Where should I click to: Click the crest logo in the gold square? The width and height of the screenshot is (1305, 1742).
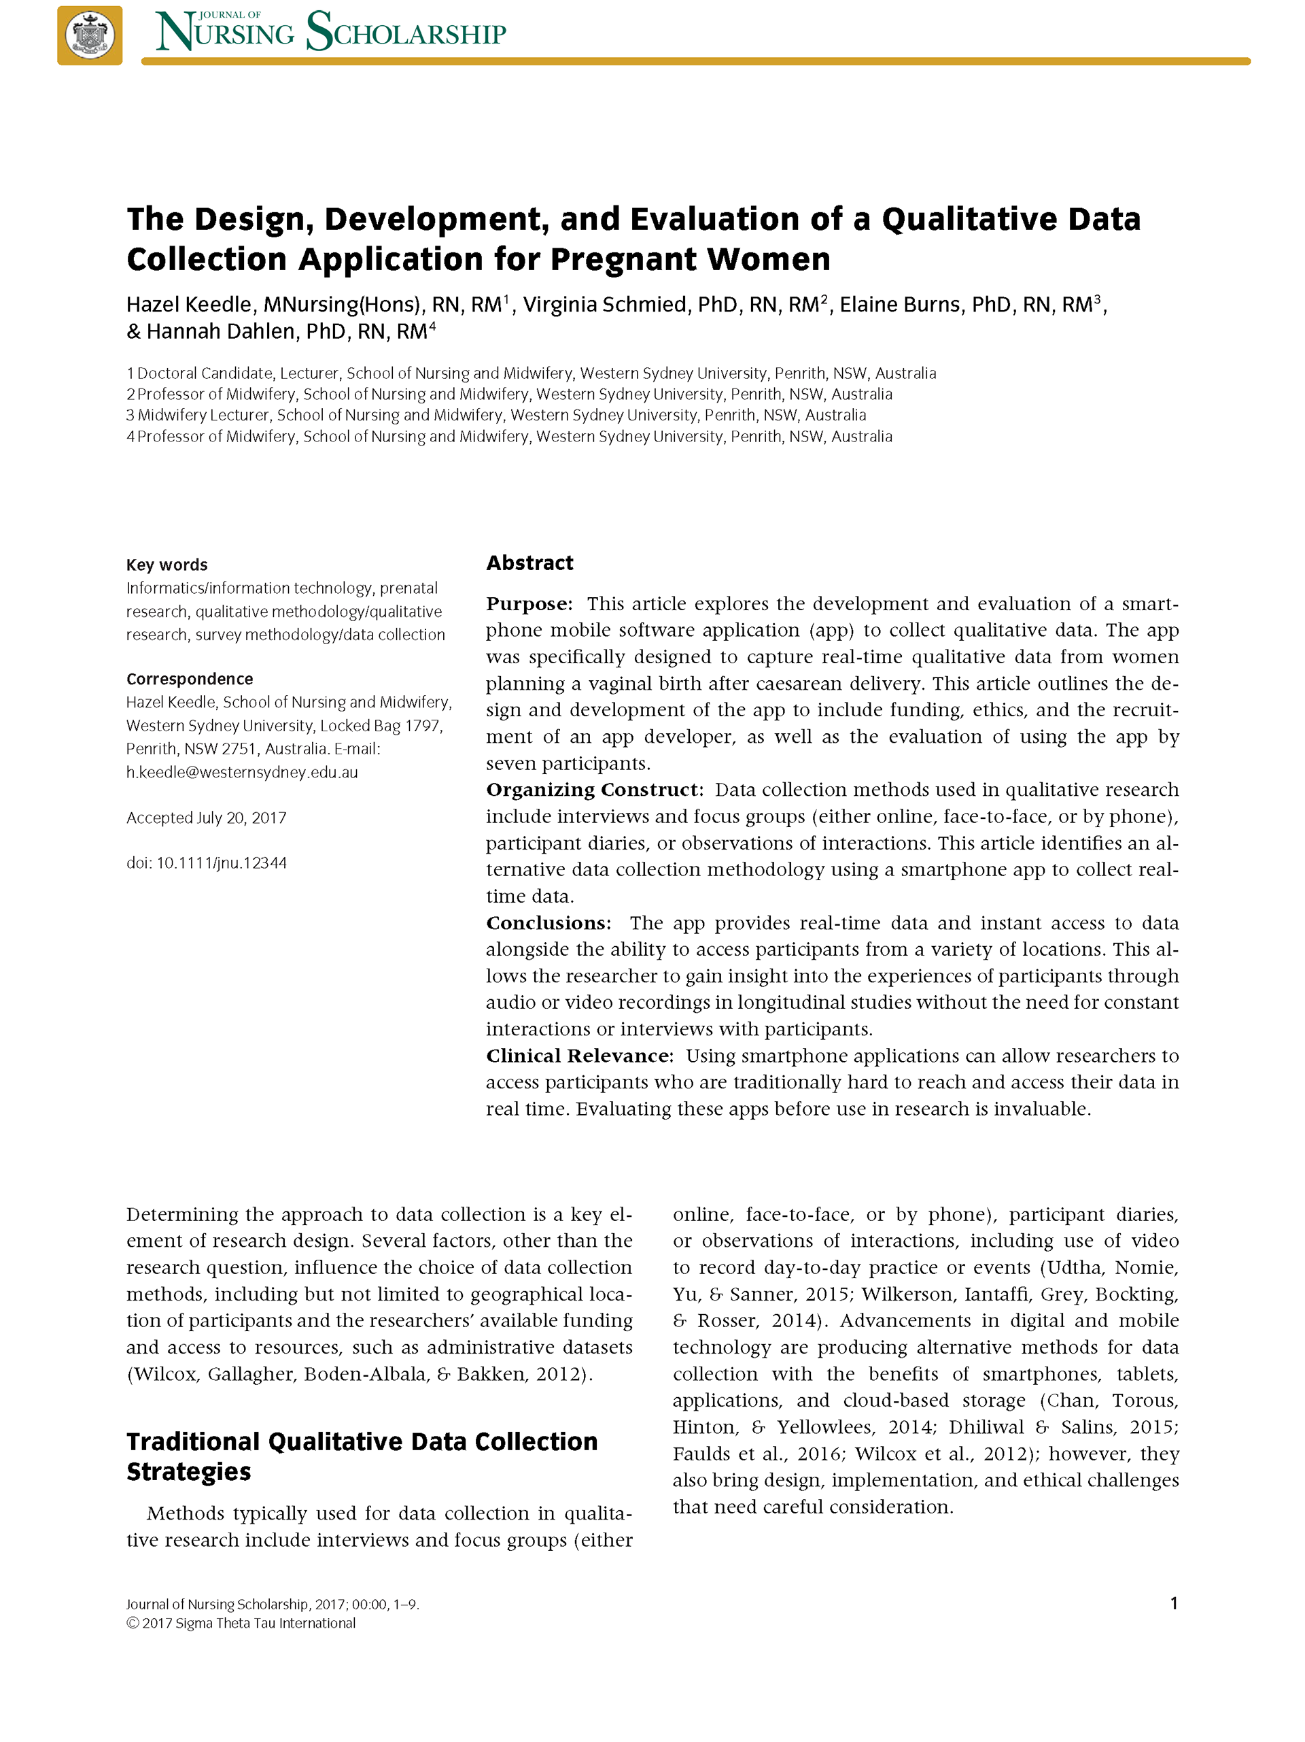[90, 35]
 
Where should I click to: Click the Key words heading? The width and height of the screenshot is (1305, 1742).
[167, 565]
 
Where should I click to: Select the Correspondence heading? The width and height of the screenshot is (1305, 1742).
[190, 679]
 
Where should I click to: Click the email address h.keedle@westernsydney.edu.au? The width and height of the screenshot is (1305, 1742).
[242, 773]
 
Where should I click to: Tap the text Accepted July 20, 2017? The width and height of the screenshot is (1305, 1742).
[206, 818]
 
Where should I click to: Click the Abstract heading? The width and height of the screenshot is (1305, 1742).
[529, 563]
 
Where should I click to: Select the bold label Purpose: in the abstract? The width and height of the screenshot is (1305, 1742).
[529, 604]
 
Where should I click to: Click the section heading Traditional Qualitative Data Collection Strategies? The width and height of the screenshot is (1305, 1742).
[362, 1456]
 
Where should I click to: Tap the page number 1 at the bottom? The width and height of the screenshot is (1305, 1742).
[1174, 1603]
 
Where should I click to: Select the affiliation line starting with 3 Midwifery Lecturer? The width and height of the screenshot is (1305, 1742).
[496, 415]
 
